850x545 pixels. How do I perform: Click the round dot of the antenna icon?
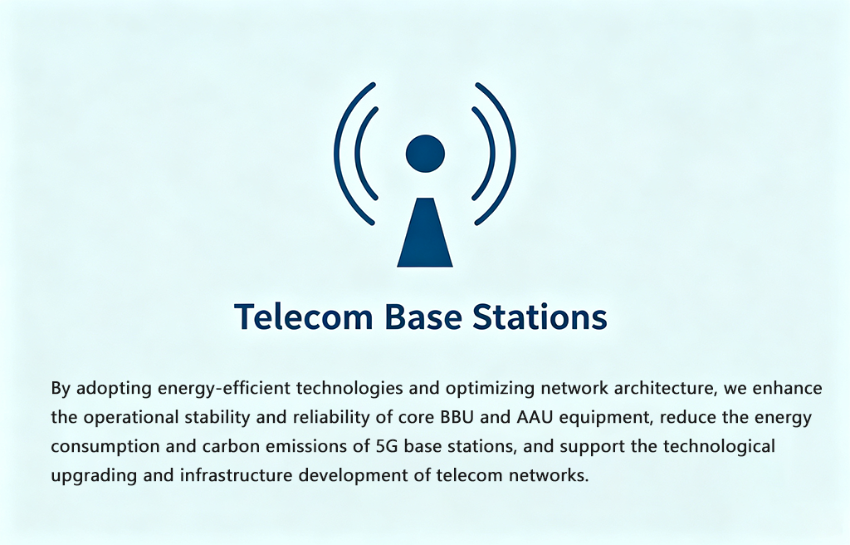point(425,154)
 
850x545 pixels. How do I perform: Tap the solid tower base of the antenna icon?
point(425,233)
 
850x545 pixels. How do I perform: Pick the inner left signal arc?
point(361,154)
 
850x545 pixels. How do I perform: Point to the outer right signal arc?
point(509,154)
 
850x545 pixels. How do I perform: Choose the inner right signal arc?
point(489,154)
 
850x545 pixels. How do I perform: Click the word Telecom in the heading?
point(304,317)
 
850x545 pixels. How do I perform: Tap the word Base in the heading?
point(421,317)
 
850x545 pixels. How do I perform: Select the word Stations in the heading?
point(540,317)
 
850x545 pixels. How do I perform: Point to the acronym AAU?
point(535,417)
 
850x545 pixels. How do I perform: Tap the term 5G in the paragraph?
point(387,446)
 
